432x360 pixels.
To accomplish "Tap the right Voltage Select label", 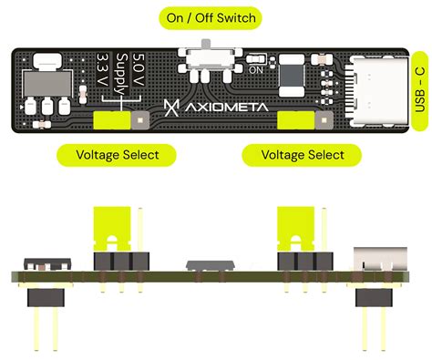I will pyautogui.click(x=302, y=155).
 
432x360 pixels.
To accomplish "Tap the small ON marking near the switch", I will pyautogui.click(x=256, y=69).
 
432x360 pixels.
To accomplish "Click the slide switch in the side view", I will pyautogui.click(x=211, y=265).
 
